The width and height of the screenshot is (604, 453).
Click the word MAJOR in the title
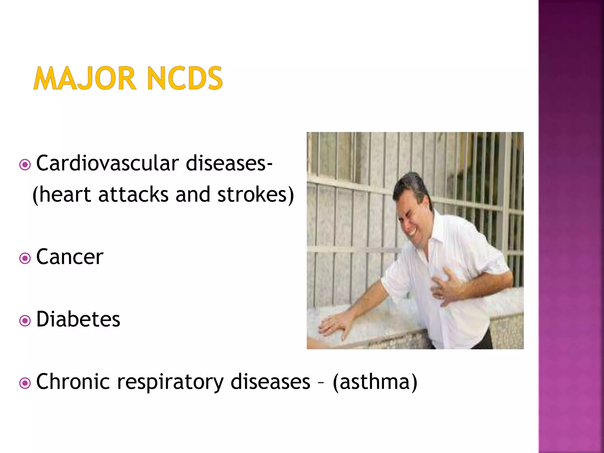(85, 78)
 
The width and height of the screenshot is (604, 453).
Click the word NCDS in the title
(185, 78)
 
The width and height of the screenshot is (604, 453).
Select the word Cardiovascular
(108, 163)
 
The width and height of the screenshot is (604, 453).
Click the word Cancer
(70, 257)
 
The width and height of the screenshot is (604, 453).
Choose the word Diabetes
(78, 319)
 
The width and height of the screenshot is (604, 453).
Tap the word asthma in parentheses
(375, 382)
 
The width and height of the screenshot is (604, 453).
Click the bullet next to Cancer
(25, 259)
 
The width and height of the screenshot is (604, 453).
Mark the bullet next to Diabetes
(25, 321)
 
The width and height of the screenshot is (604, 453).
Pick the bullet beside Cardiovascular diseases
(25, 165)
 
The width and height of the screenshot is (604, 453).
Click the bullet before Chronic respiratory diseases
(25, 383)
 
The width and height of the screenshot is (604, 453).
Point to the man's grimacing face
(411, 220)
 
